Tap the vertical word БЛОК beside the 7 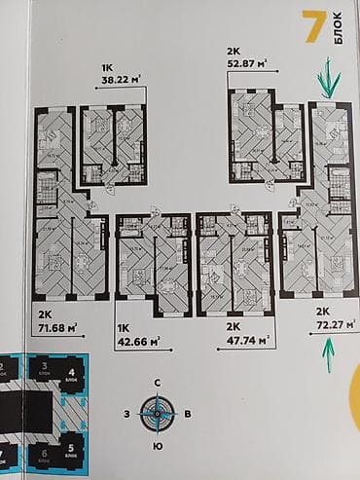[x=338, y=27]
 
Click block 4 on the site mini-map [x=72, y=375]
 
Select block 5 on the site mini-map [x=72, y=452]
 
